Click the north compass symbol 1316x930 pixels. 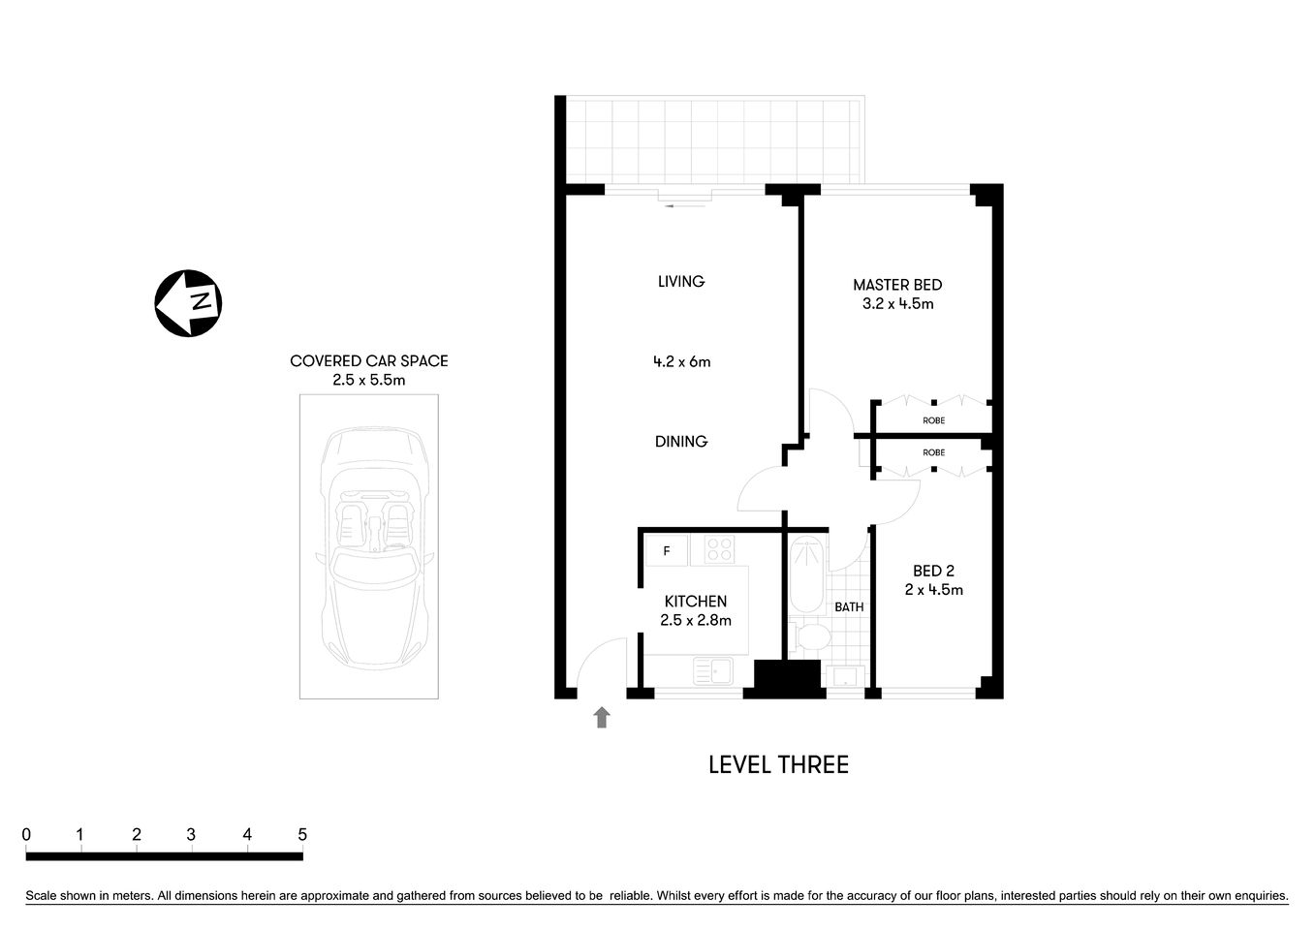(x=188, y=303)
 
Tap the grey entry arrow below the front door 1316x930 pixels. (x=602, y=717)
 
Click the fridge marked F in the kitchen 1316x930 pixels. (x=667, y=551)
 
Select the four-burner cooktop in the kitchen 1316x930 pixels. (x=719, y=549)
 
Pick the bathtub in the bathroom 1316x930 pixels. (x=805, y=575)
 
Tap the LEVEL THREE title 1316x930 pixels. (x=778, y=765)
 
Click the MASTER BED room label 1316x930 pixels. (x=897, y=285)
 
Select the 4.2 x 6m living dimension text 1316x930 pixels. (x=681, y=362)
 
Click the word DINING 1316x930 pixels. (x=681, y=442)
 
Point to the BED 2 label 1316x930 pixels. (x=933, y=571)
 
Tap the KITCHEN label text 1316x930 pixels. (x=695, y=602)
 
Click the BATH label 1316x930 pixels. (x=849, y=607)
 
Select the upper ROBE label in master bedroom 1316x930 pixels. (x=933, y=420)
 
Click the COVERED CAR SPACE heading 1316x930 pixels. (x=368, y=361)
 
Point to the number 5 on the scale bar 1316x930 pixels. (x=302, y=835)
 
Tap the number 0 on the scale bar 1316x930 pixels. (x=26, y=835)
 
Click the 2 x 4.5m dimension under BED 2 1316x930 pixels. (x=933, y=590)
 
